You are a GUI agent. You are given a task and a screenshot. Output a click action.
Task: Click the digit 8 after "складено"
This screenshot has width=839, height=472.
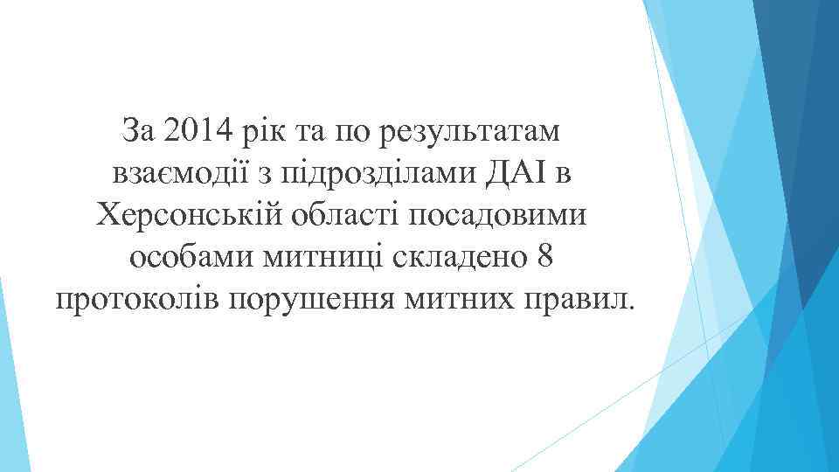[x=544, y=259]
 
